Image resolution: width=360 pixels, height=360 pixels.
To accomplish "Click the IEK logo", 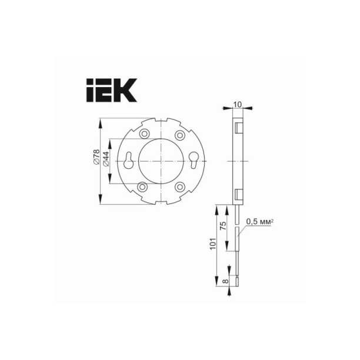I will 112,90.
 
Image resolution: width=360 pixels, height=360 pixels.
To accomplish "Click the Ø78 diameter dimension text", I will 96,158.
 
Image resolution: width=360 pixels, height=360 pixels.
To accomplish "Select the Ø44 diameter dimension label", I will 106,159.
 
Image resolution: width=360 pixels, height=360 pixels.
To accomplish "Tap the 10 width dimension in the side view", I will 237,104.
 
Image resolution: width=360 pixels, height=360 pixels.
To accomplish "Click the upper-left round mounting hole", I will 143,133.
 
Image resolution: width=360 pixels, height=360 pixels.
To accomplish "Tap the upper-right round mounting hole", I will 179,134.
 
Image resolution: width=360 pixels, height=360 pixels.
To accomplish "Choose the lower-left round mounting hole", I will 142,186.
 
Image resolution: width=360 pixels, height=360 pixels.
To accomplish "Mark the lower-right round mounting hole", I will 180,186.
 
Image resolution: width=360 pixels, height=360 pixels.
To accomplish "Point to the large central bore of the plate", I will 161,160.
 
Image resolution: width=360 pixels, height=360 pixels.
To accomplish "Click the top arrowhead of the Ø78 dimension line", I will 101,122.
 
